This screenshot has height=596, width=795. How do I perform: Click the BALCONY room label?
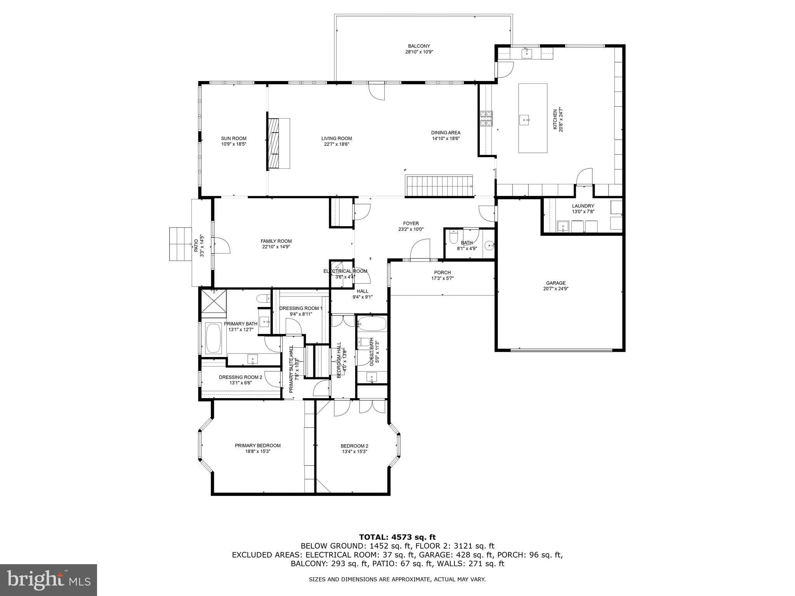pos(418,46)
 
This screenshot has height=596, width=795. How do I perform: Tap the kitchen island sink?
pos(524,120)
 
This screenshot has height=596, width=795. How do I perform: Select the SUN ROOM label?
pos(234,139)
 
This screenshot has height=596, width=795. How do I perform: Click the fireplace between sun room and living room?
pos(278,144)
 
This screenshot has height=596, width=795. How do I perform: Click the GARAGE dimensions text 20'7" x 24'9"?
pos(555,289)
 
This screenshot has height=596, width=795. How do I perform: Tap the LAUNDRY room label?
pos(583,206)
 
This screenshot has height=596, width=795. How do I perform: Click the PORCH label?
pos(442,272)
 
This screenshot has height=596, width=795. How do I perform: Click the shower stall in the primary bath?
pos(213,301)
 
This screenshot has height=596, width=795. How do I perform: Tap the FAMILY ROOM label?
pos(276,241)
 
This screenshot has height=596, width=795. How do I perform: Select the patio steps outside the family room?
pos(181,244)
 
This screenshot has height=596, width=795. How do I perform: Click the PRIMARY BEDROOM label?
pos(257,445)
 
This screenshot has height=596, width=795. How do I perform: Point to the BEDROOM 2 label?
pos(354,446)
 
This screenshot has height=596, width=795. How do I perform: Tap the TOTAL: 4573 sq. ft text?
pos(397,537)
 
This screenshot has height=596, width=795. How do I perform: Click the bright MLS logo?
pos(49,580)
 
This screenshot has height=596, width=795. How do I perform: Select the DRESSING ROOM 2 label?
pos(240,377)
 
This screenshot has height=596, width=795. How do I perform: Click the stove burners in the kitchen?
pos(485,119)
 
